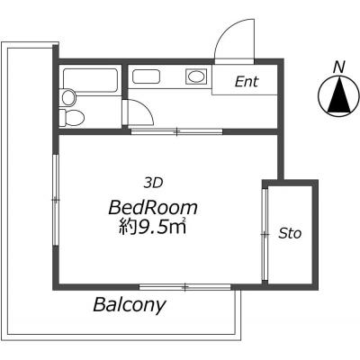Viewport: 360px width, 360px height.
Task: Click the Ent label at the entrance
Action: (x=247, y=82)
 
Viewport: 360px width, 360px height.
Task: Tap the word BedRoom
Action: (x=153, y=208)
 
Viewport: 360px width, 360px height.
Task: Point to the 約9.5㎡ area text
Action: (x=153, y=227)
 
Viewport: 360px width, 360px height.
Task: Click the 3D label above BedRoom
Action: (x=153, y=183)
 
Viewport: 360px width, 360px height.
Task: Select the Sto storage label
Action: (x=290, y=233)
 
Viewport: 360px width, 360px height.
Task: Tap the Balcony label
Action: (x=130, y=305)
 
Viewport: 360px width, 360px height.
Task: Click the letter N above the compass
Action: (x=339, y=67)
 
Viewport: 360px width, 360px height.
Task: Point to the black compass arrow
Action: (x=339, y=94)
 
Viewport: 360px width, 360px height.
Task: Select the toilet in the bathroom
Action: (x=72, y=117)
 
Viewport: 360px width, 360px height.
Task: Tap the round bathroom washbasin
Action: (x=68, y=97)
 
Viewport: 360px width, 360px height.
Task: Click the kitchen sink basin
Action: (x=146, y=76)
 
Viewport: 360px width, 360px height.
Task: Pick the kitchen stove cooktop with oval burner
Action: (x=196, y=76)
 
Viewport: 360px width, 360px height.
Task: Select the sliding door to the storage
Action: (x=265, y=235)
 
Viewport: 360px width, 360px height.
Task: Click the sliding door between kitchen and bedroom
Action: (x=176, y=131)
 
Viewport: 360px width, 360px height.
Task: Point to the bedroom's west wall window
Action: (x=56, y=200)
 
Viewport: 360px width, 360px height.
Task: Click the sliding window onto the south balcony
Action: (x=185, y=287)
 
